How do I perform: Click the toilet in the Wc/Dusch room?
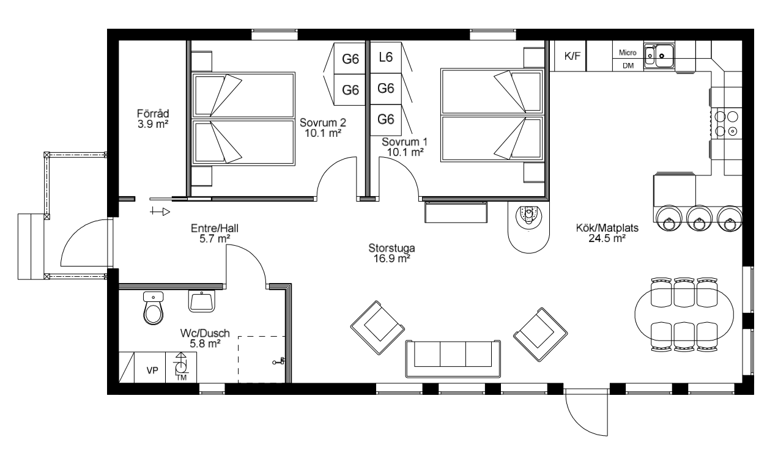(153, 307)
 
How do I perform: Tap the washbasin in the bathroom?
(201, 301)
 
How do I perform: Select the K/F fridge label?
(572, 56)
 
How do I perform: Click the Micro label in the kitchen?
(628, 53)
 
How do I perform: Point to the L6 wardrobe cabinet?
(385, 57)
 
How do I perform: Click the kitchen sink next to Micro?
(659, 56)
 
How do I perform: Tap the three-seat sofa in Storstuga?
(453, 359)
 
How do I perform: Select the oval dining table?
(684, 314)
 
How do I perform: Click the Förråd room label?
(153, 114)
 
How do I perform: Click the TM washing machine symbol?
(181, 367)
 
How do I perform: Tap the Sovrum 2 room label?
(323, 122)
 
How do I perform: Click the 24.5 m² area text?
(607, 238)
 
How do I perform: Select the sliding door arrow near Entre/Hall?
(160, 211)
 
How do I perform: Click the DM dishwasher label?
(628, 65)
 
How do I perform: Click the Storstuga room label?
(391, 248)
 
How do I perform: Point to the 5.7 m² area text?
(215, 239)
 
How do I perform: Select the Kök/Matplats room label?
(607, 228)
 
